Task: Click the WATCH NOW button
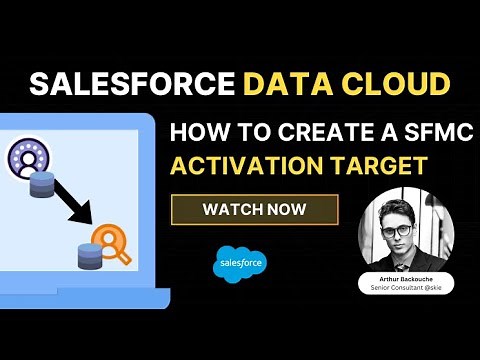click(x=254, y=210)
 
